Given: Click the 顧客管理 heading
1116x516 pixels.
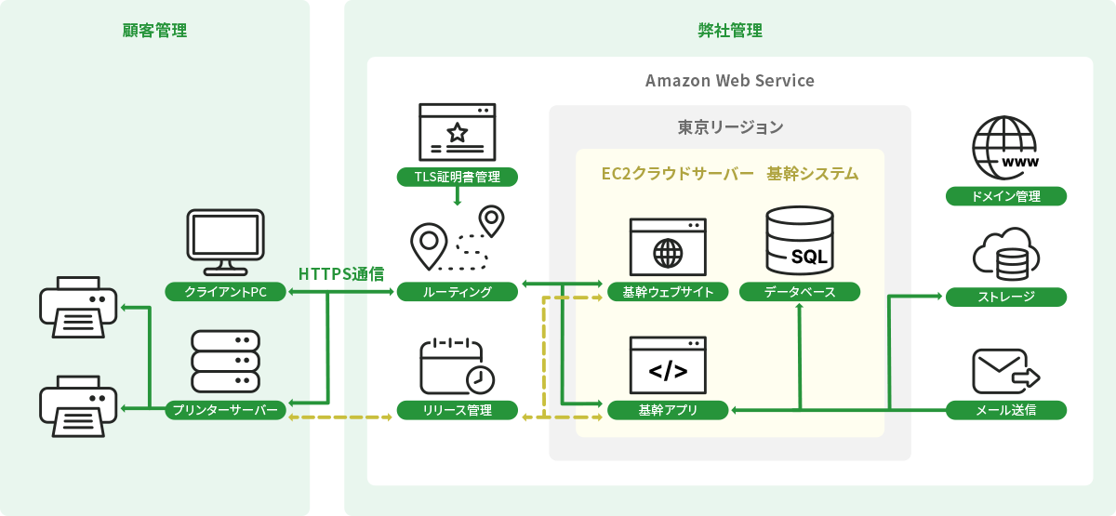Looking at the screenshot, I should [154, 31].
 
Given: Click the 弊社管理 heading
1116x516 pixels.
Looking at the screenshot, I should [730, 31].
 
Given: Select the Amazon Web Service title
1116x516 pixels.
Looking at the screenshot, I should [730, 81].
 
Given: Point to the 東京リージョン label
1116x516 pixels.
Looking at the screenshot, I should [730, 127].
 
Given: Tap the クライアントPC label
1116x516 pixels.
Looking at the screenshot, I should [225, 292].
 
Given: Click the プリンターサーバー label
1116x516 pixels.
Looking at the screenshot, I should [225, 410].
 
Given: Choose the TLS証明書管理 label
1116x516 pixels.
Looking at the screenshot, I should [457, 177].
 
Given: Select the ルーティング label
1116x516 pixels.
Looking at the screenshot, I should [457, 292].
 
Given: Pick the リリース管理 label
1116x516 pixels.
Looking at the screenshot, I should [457, 410].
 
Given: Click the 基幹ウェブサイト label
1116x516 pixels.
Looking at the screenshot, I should [668, 292].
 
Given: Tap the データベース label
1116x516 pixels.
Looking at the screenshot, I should [800, 292].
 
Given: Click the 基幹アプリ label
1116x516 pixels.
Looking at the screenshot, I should [668, 410].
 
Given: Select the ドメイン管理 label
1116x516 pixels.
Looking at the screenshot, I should [1005, 196].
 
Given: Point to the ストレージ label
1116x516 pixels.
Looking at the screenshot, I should [1005, 298].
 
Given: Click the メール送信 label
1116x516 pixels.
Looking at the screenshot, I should [1005, 410].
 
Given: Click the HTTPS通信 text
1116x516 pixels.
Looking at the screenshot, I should [341, 274].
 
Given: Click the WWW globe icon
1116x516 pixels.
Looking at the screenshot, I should [1005, 149].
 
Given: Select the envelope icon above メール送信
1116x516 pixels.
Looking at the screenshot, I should [1003, 373].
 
